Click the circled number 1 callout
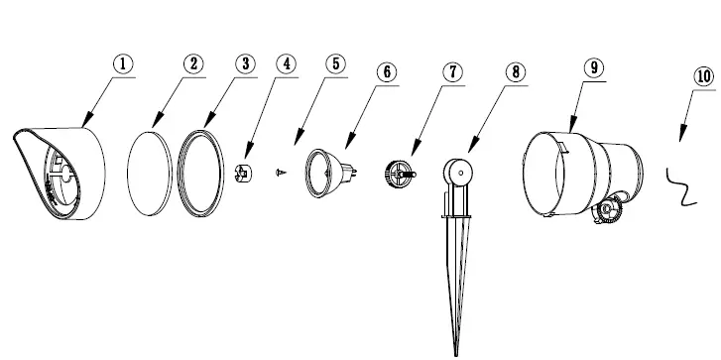coord(122,64)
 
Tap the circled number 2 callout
coord(194,64)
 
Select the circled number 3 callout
coord(245,64)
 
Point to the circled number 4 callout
coord(286,64)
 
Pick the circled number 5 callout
coord(335,64)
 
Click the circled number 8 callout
coord(515,72)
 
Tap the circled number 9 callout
coord(593,67)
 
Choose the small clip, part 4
coord(244,173)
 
